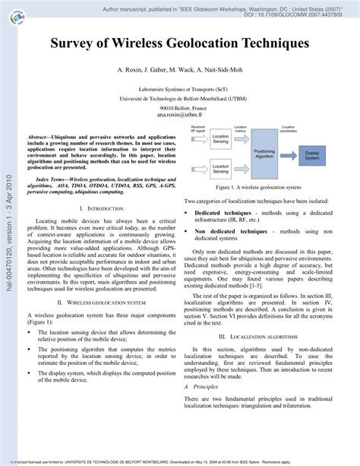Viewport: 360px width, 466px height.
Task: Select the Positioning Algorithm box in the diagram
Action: pos(264,154)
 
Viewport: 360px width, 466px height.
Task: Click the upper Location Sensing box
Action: pos(219,141)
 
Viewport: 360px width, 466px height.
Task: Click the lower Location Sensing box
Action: pos(219,169)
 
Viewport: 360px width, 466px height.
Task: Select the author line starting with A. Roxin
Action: pos(180,70)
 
